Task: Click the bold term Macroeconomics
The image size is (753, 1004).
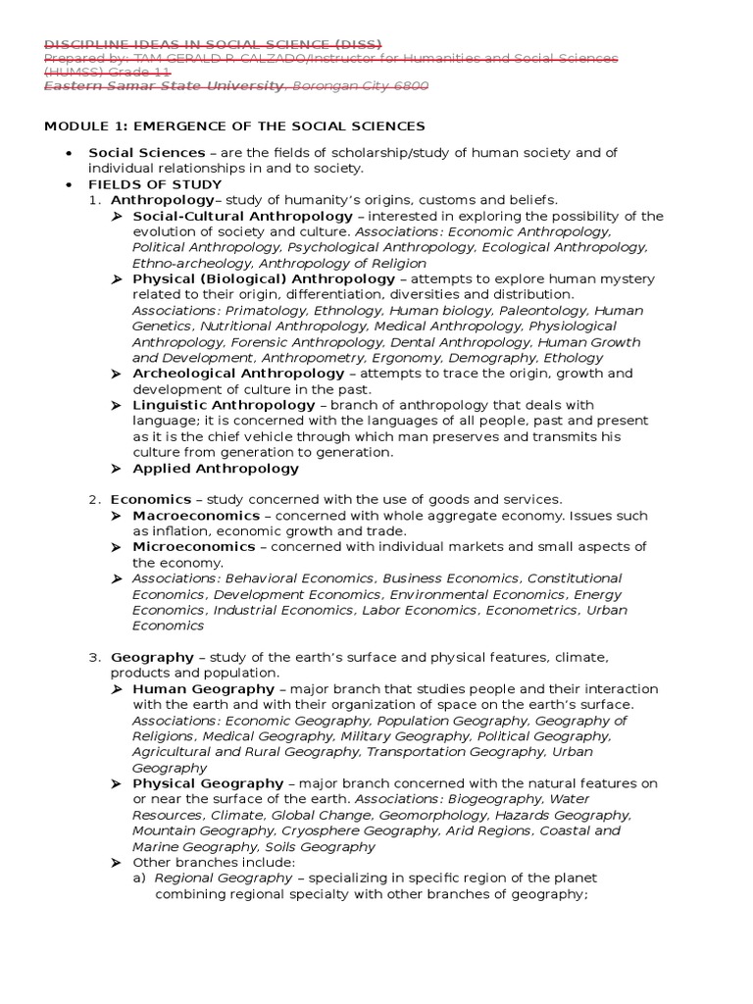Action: click(196, 515)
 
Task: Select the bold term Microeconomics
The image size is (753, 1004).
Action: click(193, 546)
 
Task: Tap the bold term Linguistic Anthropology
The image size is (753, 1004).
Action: click(224, 405)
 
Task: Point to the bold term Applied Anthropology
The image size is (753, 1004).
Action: click(216, 468)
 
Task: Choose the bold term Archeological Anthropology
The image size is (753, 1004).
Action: click(238, 374)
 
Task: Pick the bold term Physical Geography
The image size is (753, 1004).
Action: click(208, 783)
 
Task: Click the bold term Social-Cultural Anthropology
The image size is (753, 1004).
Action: click(242, 216)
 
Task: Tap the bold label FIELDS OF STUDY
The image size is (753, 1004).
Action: click(155, 184)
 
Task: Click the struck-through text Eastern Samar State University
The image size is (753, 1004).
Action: click(164, 86)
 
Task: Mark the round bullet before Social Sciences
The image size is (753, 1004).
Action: click(69, 153)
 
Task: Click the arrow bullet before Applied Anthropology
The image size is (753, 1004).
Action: click(116, 468)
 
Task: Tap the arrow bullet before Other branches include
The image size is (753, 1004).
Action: click(116, 862)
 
